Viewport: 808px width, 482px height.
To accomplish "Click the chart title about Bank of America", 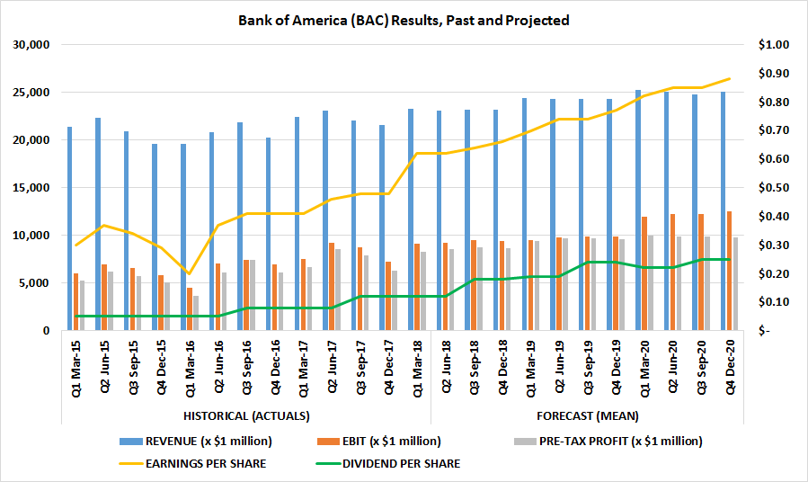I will [x=404, y=20].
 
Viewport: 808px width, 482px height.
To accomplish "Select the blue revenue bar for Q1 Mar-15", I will [x=69, y=229].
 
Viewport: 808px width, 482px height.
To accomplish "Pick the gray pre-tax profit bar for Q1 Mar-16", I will [x=195, y=314].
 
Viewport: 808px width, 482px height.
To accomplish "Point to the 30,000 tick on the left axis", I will [x=32, y=45].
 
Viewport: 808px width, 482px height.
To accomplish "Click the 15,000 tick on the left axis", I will [x=32, y=188].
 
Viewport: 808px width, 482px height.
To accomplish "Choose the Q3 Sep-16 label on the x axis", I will [x=246, y=369].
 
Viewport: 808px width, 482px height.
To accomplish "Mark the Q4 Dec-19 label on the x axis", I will [x=617, y=369].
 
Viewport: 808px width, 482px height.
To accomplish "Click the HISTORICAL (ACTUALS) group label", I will [x=246, y=415].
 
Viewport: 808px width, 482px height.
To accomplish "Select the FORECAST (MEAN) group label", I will [x=588, y=415].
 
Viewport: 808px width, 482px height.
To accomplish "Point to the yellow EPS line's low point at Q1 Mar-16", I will [x=189, y=273].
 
